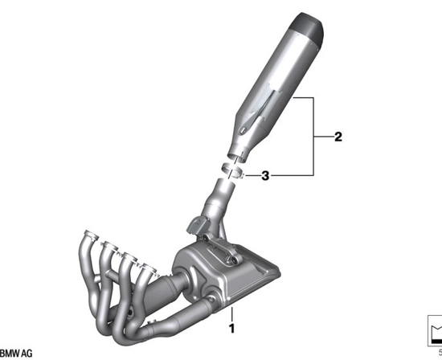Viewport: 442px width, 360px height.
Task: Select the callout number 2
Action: (x=338, y=137)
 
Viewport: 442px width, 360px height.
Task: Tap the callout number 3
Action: (x=264, y=174)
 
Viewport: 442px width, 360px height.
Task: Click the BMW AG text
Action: (x=16, y=354)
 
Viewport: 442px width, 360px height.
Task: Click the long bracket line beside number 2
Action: (x=312, y=137)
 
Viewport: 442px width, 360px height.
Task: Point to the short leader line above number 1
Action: (x=231, y=313)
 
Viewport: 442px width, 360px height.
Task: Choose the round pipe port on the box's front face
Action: (x=213, y=301)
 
